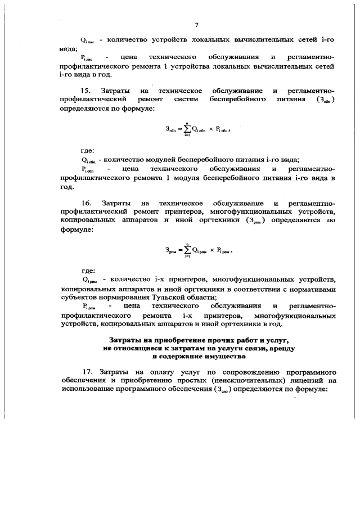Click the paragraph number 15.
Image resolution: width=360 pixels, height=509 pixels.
(x=86, y=91)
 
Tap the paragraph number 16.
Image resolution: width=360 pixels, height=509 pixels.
(x=86, y=202)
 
